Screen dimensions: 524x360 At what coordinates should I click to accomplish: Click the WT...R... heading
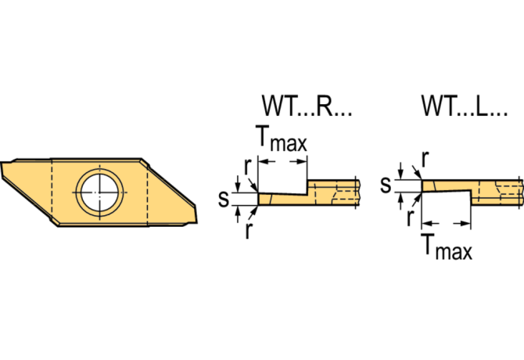click(x=307, y=106)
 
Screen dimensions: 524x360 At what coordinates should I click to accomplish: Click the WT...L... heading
click(x=465, y=106)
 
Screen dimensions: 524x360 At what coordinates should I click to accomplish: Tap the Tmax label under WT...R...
click(x=281, y=139)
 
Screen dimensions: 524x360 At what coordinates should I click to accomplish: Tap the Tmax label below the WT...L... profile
click(x=447, y=247)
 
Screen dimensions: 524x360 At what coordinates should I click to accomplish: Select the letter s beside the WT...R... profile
click(x=224, y=199)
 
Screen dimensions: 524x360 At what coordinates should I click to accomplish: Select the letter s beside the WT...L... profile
click(x=386, y=185)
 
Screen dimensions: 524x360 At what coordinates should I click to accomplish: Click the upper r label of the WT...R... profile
click(x=248, y=167)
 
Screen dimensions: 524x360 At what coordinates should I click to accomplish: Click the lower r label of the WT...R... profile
click(x=248, y=230)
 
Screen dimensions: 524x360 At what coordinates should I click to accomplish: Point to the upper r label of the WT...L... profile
click(x=425, y=159)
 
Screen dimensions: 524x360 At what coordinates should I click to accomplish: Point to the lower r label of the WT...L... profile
click(x=410, y=218)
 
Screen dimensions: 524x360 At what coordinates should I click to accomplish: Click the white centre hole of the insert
click(x=99, y=193)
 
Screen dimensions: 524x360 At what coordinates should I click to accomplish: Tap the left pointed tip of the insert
click(x=2, y=163)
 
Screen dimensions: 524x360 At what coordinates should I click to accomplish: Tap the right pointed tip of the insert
click(x=196, y=221)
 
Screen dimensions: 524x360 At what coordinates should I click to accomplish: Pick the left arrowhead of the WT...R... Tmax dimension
click(x=263, y=162)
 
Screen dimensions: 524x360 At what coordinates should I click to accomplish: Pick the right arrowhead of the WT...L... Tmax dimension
click(x=466, y=223)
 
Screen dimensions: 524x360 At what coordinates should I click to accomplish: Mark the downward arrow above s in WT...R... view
click(x=238, y=183)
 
